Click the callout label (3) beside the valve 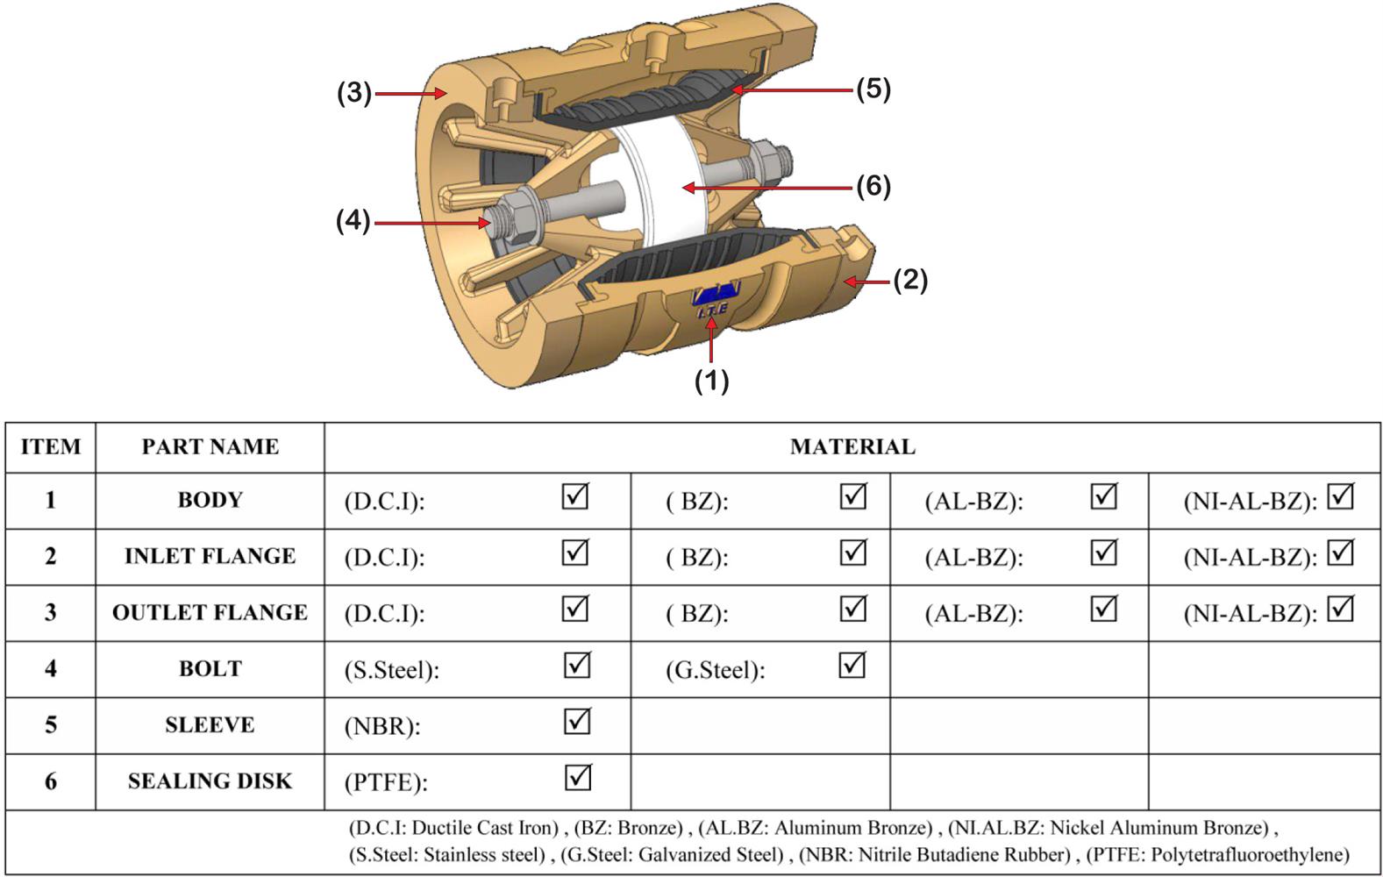click(354, 93)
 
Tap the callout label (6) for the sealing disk click(873, 186)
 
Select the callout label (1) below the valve click(711, 381)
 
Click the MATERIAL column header click(852, 447)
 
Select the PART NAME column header click(210, 447)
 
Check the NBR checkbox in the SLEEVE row click(577, 722)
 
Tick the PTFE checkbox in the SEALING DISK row click(577, 778)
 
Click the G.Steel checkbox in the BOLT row click(852, 666)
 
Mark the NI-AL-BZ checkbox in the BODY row click(1340, 497)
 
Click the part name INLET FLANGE click(210, 556)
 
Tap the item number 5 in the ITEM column click(51, 724)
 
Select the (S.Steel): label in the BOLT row click(391, 670)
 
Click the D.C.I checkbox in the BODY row click(575, 497)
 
